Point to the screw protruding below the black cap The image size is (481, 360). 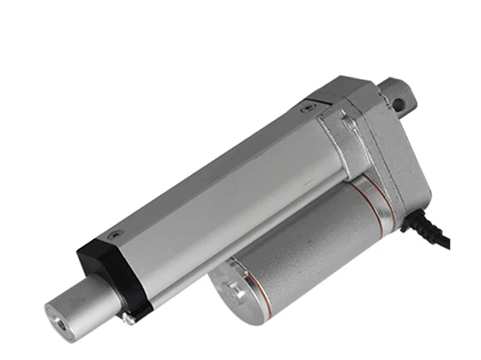pyautogui.click(x=127, y=318)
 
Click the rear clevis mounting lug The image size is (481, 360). pyautogui.click(x=397, y=93)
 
